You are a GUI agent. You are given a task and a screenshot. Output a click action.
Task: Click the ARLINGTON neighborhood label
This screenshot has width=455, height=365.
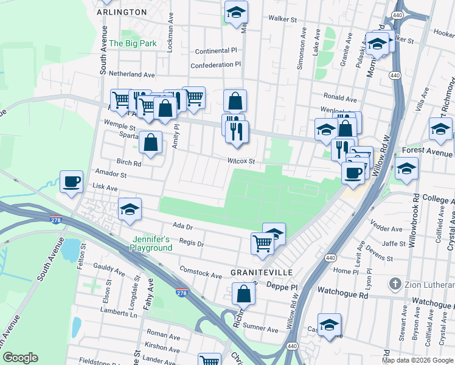click(122, 12)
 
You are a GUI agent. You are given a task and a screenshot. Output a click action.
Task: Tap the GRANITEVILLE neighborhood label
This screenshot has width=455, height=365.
click(262, 271)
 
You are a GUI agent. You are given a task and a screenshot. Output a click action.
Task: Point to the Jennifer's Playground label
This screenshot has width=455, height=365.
click(151, 243)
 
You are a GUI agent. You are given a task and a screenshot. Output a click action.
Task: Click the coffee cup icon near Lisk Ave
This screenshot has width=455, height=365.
click(72, 181)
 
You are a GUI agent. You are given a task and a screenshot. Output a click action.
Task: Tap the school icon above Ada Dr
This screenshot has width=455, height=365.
click(129, 209)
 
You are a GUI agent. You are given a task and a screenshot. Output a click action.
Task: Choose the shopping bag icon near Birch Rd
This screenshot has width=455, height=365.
click(151, 143)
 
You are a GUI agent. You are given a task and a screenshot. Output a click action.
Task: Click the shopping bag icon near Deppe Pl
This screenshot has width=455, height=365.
click(243, 294)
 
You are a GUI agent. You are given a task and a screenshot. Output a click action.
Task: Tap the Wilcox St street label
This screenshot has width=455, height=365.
click(240, 161)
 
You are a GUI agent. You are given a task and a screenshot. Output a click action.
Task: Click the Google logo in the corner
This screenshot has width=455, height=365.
click(20, 358)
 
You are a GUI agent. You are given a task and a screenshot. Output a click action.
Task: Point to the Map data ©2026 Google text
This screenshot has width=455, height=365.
click(417, 360)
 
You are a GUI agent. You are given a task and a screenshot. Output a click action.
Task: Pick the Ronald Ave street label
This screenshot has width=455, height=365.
click(340, 97)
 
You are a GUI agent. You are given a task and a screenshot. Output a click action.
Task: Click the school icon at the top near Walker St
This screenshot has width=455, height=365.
click(235, 12)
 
